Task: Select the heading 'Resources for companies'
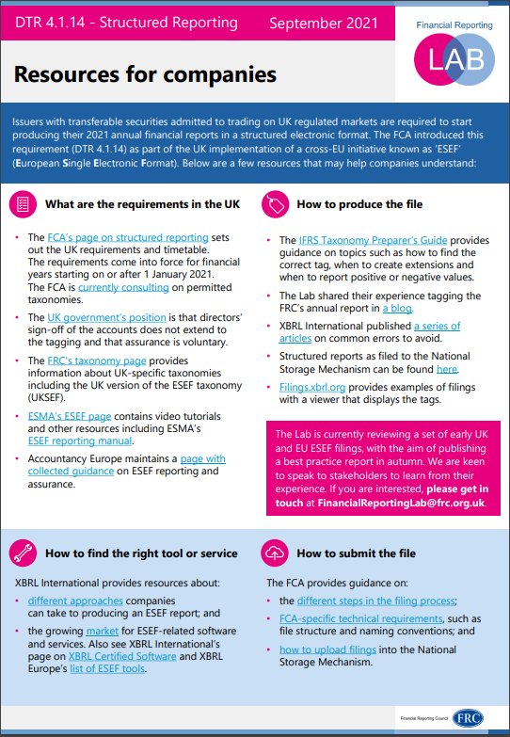pyautogui.click(x=146, y=73)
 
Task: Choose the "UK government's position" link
pyautogui.click(x=106, y=317)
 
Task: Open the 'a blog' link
pyautogui.click(x=397, y=307)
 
